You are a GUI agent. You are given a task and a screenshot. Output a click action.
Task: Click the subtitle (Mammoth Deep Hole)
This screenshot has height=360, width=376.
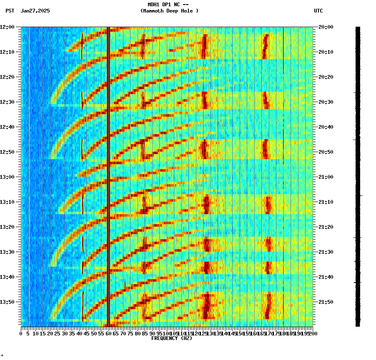click(169, 11)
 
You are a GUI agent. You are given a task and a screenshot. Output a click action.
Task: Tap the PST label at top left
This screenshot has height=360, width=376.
click(10, 11)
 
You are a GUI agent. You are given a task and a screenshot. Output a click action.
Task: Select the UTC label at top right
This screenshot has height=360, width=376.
click(318, 11)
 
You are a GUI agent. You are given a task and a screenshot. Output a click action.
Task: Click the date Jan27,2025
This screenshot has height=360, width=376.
click(35, 11)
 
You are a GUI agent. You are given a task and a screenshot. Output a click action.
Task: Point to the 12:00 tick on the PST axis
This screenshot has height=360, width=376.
click(7, 27)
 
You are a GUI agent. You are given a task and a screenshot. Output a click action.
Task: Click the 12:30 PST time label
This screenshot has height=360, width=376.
click(7, 102)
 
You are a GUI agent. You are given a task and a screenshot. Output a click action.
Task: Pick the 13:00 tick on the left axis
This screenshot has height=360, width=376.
click(7, 177)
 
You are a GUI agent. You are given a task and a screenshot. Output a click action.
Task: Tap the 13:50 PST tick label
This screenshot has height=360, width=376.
click(7, 302)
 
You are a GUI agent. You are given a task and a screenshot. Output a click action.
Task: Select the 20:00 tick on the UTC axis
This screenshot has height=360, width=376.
click(326, 27)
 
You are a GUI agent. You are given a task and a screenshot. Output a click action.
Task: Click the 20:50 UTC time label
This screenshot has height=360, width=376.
click(326, 152)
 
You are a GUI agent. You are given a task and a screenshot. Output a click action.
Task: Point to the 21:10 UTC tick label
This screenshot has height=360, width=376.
click(326, 202)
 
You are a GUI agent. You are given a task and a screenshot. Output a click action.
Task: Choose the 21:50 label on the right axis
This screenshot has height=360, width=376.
click(326, 302)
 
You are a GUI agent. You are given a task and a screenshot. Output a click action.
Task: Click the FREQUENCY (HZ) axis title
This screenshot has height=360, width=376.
click(171, 338)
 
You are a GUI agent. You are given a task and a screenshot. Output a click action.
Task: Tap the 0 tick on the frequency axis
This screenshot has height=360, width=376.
click(21, 333)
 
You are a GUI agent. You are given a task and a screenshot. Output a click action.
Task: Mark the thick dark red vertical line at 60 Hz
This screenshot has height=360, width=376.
click(108, 175)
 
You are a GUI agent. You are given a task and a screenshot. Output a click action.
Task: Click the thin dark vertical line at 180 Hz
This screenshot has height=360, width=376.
click(283, 175)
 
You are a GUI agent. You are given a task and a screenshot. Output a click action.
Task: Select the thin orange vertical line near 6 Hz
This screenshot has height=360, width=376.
click(30, 175)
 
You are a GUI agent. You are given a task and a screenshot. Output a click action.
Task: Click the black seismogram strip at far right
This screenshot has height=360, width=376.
click(358, 175)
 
